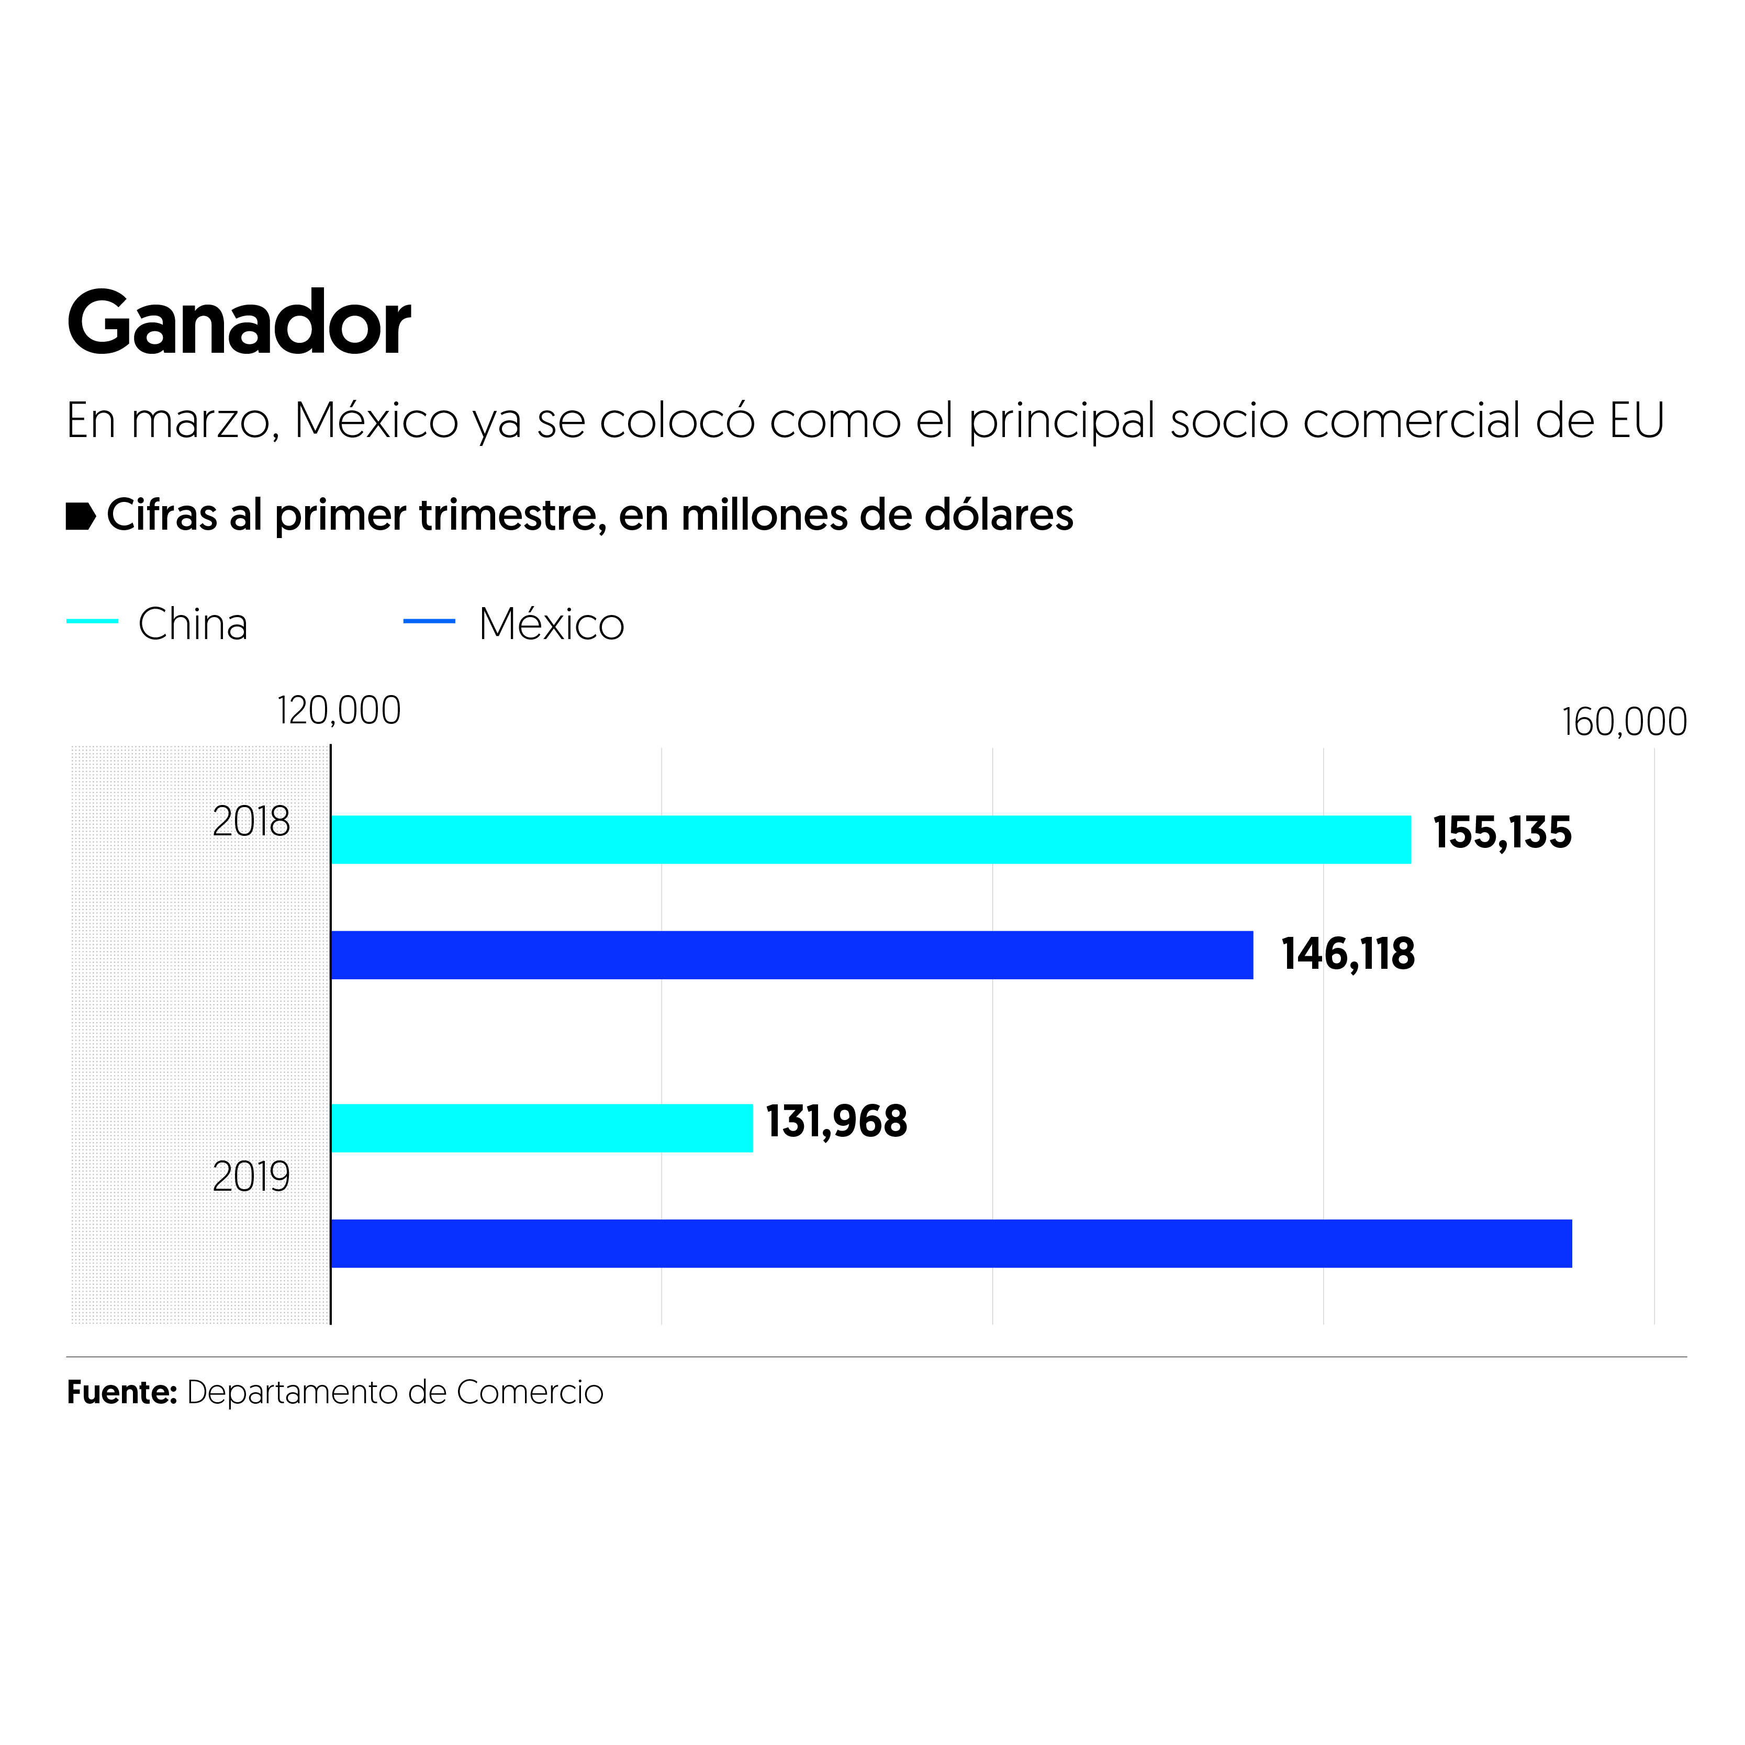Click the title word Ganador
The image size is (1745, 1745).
click(x=239, y=323)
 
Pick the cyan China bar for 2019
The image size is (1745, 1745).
click(x=541, y=1127)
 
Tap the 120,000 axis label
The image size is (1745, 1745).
click(x=339, y=711)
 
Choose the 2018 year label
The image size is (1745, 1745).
click(x=251, y=822)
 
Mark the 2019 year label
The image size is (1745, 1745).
click(x=251, y=1177)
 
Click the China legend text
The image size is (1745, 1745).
click(x=193, y=624)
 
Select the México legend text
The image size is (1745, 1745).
click(x=551, y=624)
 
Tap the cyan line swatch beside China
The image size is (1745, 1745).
click(x=92, y=621)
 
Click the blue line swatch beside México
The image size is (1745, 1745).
click(x=429, y=621)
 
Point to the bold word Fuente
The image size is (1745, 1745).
click(x=121, y=1392)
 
